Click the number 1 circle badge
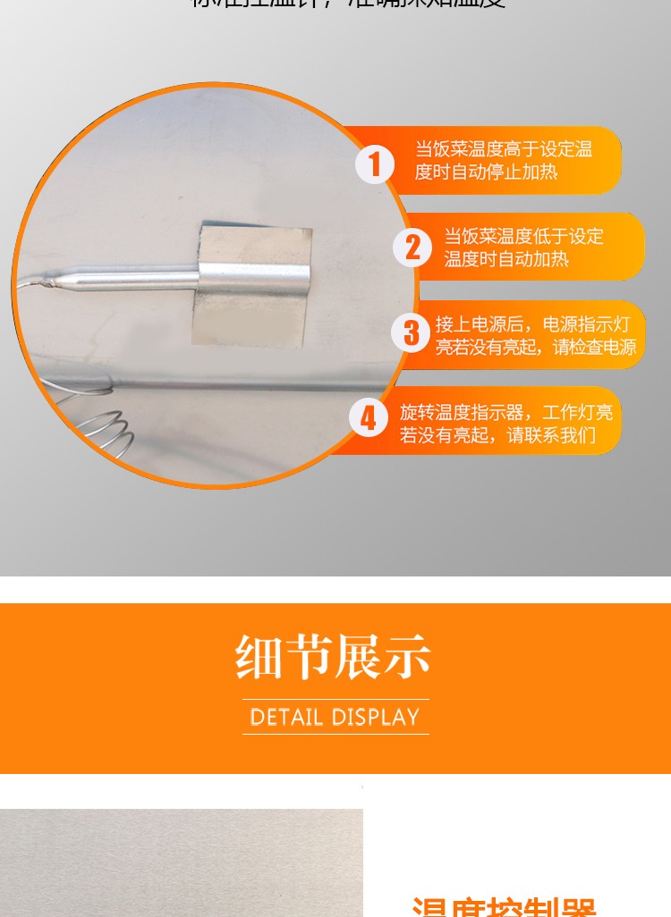coord(375,164)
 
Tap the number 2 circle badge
coord(412,247)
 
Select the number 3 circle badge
coord(411,333)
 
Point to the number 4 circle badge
coord(369,417)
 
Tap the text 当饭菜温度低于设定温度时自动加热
coord(523,248)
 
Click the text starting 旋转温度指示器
coord(505,424)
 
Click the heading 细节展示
coord(335,658)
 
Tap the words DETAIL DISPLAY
coord(335,717)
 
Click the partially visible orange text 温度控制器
coord(504,906)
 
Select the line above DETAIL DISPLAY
coord(335,699)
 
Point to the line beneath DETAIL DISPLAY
coord(335,734)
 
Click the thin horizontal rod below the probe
coord(251,385)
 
